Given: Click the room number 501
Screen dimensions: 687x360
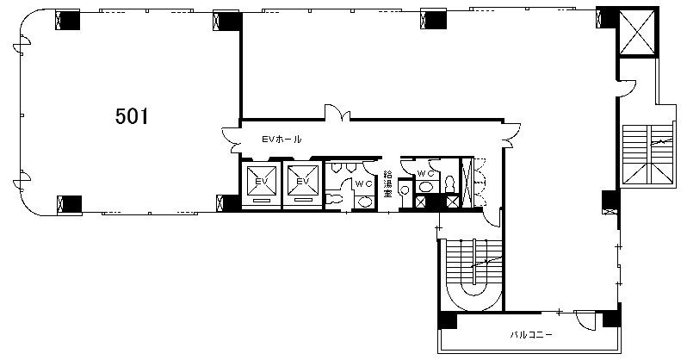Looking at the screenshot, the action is pos(132,116).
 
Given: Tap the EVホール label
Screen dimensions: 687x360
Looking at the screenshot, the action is pos(282,140).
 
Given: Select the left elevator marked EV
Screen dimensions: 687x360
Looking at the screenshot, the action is pos(261,184).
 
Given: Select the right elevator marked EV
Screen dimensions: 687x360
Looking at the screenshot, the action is pos(303,184).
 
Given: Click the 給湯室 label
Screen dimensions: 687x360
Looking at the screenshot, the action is pos(387,183).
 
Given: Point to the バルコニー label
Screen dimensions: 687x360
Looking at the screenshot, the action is pos(531,335).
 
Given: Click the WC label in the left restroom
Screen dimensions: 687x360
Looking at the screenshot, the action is pos(363,184).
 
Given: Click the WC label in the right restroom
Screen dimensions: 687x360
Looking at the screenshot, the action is pos(425,174).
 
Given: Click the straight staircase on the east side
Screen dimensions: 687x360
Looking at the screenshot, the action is pos(647,154).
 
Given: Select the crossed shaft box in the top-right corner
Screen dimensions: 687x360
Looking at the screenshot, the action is pos(637,32).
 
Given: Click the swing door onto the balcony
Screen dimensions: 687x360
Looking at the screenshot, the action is pos(585,320).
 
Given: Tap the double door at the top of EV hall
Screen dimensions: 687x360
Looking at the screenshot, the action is pos(337,112).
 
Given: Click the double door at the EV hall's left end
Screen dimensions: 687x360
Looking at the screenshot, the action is pos(231,140).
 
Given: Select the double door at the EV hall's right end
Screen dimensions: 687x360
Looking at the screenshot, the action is pos(512,135).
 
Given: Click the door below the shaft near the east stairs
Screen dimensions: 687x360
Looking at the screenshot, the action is pos(626,88).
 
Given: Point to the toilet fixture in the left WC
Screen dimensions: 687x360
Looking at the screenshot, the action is pos(336,198).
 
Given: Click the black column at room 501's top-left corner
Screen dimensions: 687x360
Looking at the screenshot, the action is pos(67,20).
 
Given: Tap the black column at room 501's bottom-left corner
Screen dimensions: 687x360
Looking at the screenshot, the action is pos(69,205).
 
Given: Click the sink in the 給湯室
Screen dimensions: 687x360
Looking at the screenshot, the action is pos(405,190).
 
